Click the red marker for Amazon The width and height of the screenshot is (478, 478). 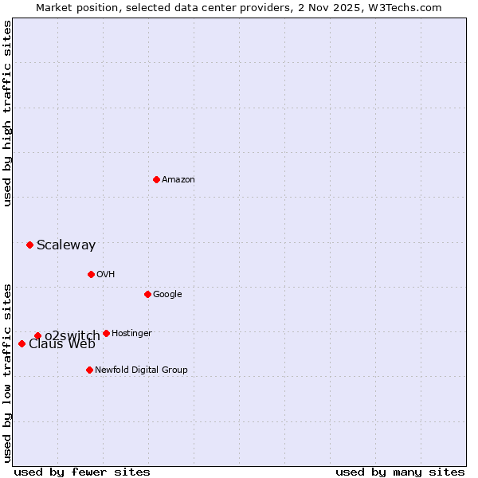[x=156, y=179]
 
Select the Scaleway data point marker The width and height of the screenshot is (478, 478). [x=29, y=245]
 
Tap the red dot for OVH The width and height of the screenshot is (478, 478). [x=91, y=274]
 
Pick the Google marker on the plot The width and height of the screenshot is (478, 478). [x=147, y=294]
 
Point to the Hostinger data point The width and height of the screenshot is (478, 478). [x=106, y=333]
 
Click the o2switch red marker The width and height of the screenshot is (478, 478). [x=37, y=335]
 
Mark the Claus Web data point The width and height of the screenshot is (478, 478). [x=22, y=343]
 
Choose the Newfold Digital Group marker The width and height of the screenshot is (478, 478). [x=89, y=370]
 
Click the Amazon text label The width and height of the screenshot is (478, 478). [x=178, y=180]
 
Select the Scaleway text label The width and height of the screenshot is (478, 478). [x=66, y=245]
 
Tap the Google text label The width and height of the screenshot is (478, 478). [x=167, y=295]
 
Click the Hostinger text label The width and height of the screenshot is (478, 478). [x=131, y=334]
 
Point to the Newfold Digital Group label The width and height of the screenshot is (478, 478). [x=141, y=370]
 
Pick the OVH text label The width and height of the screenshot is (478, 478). [x=106, y=275]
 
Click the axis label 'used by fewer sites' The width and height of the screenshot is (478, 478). [x=82, y=472]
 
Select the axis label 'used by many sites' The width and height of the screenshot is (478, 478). [x=400, y=472]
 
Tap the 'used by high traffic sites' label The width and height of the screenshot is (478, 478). [x=7, y=114]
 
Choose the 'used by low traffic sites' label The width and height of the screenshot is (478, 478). [x=7, y=372]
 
